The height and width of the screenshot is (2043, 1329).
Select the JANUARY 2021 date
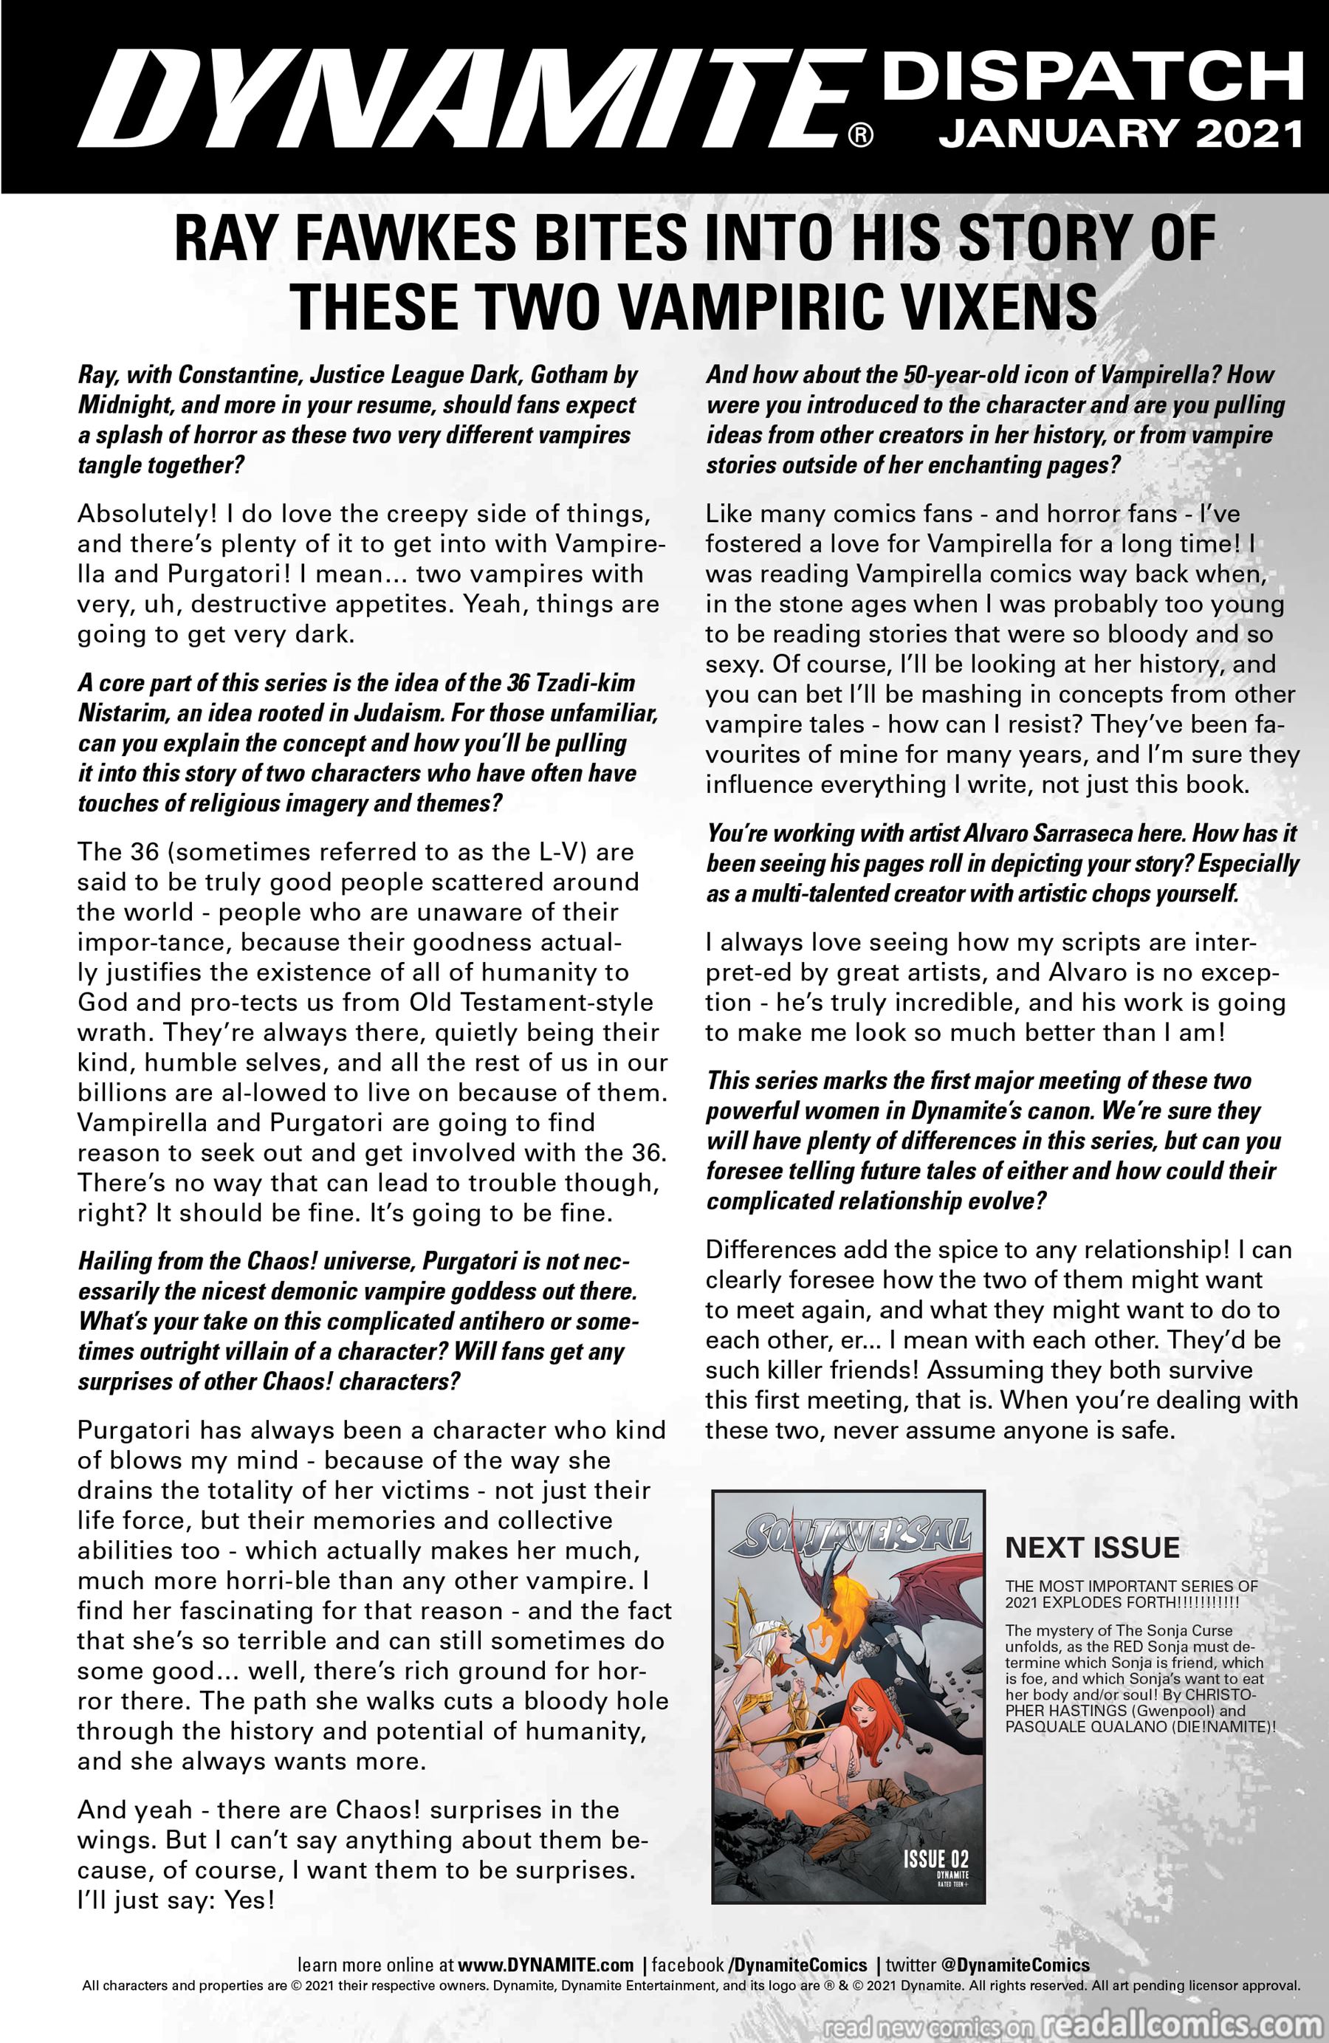(1120, 135)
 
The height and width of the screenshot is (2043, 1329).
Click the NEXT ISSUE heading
(1092, 1547)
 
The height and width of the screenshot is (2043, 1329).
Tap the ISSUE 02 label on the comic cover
(935, 1858)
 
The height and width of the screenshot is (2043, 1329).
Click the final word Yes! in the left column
(249, 1900)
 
